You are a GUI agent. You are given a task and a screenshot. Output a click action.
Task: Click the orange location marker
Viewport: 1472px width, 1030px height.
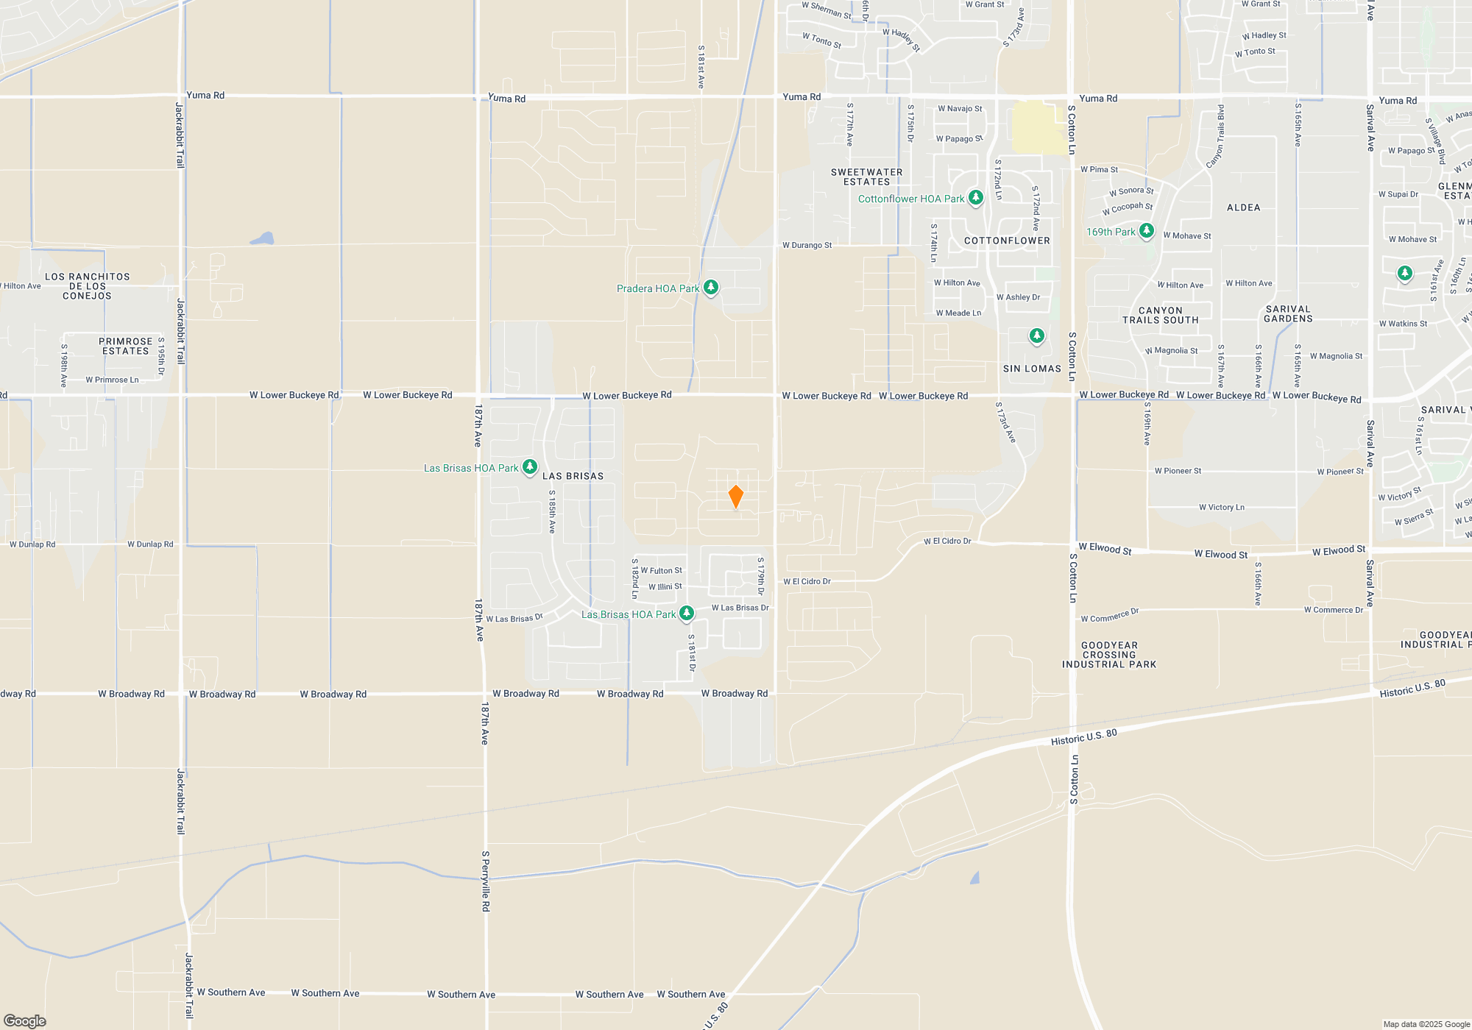pos(735,497)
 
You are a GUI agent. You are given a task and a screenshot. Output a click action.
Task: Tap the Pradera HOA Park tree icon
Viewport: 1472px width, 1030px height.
pos(711,288)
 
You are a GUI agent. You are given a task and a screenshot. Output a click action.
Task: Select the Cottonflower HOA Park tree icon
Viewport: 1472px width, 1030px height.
pos(976,198)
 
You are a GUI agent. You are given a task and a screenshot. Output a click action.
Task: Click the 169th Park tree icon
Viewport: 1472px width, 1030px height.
pos(1146,231)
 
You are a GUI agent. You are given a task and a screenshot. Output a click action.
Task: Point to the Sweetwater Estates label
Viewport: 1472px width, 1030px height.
pos(866,177)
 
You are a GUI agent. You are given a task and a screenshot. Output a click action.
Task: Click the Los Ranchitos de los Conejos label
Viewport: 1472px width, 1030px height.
pos(87,286)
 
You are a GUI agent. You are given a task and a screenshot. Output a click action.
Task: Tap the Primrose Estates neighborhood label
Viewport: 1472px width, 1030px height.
pos(125,346)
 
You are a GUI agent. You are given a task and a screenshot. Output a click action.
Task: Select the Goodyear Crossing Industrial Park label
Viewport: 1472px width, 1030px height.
pos(1109,655)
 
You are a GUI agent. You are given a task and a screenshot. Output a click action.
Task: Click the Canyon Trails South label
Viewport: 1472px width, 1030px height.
pos(1160,315)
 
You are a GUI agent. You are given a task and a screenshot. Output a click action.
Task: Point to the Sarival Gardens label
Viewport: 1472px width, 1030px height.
pos(1288,314)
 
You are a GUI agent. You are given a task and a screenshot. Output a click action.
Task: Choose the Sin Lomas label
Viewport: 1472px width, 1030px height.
pos(1032,369)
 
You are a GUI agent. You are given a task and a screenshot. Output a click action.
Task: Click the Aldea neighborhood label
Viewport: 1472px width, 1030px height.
pos(1243,207)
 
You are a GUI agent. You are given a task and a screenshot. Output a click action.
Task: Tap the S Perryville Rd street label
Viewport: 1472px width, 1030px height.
pos(486,881)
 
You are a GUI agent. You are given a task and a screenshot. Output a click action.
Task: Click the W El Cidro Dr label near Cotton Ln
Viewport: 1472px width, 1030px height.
pos(947,541)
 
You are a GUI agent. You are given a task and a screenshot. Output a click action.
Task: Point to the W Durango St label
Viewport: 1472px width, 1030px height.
pos(807,245)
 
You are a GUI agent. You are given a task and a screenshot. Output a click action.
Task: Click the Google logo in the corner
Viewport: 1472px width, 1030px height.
pos(25,1020)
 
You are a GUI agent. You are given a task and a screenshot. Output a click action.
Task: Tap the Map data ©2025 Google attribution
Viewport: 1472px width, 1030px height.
pos(1426,1024)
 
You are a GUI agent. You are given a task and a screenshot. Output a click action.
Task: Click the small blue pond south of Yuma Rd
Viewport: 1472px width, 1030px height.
pos(262,238)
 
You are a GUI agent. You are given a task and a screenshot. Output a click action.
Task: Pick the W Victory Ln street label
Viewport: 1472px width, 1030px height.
pos(1221,507)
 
